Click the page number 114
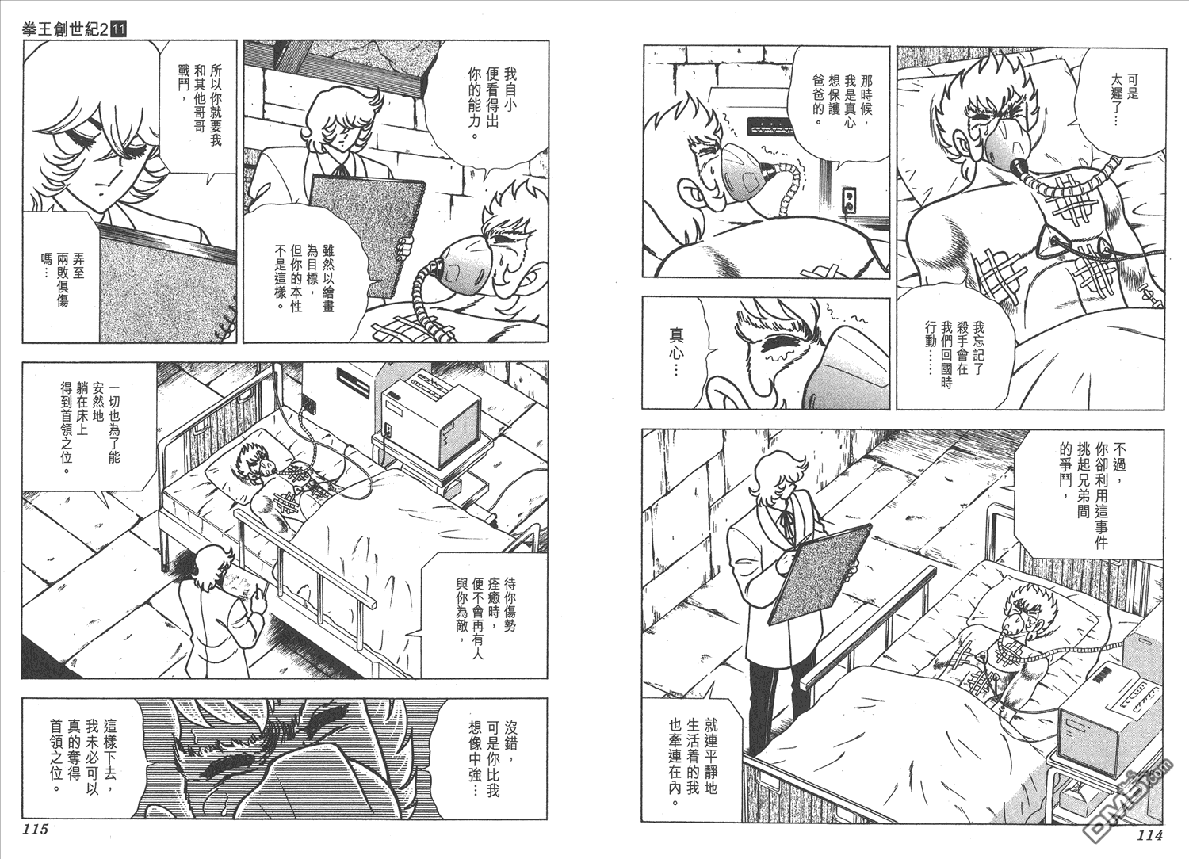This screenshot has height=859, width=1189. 1149,835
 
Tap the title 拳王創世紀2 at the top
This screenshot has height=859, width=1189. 62,29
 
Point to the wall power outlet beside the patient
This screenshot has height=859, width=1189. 849,201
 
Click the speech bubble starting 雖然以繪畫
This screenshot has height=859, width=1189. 303,276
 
